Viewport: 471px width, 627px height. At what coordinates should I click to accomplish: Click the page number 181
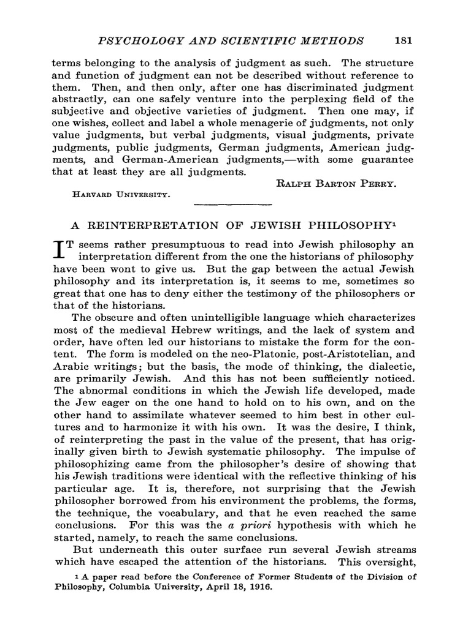(403, 41)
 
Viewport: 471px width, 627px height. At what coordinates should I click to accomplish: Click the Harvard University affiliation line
(120, 195)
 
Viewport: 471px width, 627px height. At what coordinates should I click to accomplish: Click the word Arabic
(71, 366)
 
